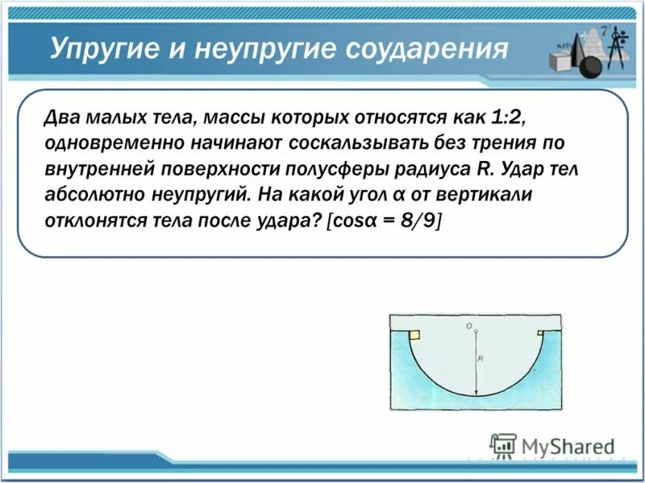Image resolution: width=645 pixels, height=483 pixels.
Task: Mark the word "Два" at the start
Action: pos(63,119)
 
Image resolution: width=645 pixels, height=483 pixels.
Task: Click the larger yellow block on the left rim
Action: pos(414,334)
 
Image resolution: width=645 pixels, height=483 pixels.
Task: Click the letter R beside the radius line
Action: pos(481,359)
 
